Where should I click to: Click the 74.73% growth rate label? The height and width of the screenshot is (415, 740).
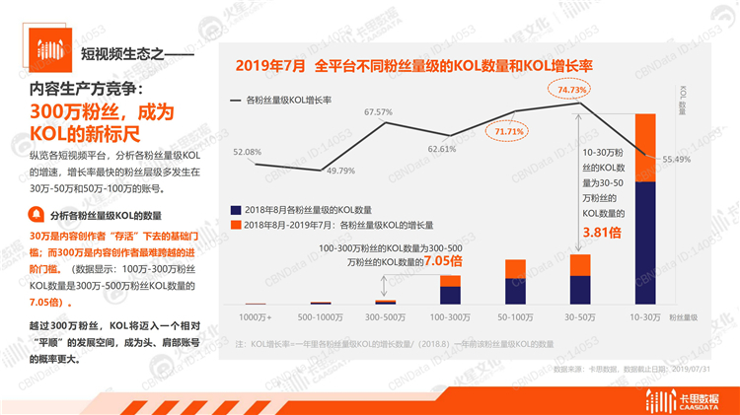[572, 90]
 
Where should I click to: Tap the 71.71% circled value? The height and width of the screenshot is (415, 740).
[509, 131]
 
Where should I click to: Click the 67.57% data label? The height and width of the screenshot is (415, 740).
[379, 112]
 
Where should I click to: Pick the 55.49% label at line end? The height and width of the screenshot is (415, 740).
[676, 159]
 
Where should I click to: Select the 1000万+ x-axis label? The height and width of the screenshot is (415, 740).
[256, 317]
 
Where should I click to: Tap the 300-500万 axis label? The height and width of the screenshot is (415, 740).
[384, 317]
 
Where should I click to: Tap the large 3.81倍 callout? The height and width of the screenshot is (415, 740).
[605, 233]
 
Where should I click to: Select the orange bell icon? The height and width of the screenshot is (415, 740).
[36, 214]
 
